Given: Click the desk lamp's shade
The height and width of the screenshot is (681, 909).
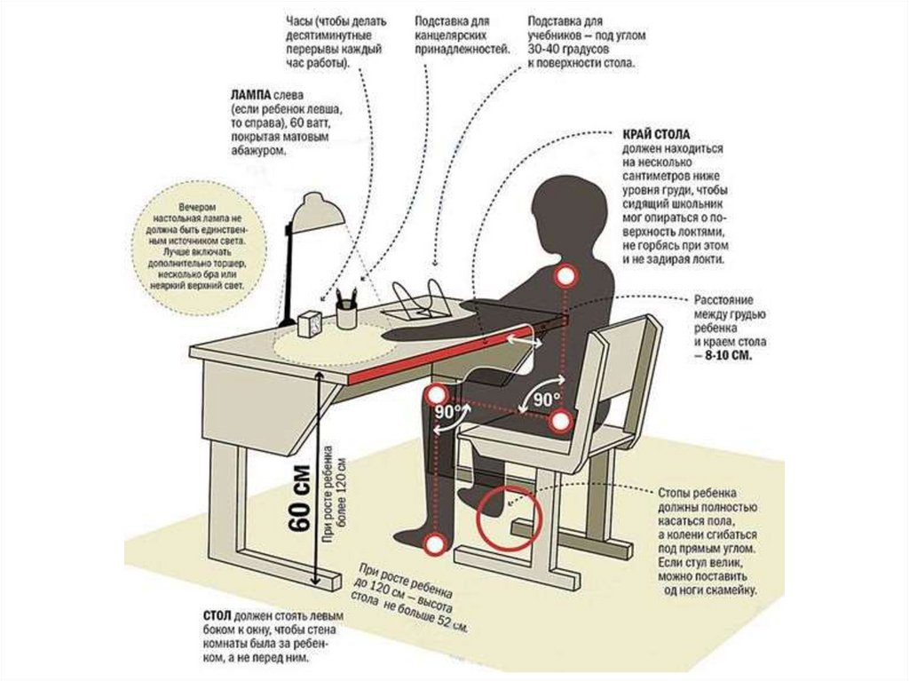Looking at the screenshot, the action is pyautogui.click(x=318, y=211).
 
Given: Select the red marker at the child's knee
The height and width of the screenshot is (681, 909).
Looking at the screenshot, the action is pyautogui.click(x=436, y=394).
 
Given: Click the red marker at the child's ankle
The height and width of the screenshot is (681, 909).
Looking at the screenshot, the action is pyautogui.click(x=434, y=543).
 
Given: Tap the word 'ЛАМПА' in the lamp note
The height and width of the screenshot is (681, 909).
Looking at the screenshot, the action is pyautogui.click(x=249, y=93).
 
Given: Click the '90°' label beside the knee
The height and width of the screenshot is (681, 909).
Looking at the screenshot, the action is pyautogui.click(x=450, y=412).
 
